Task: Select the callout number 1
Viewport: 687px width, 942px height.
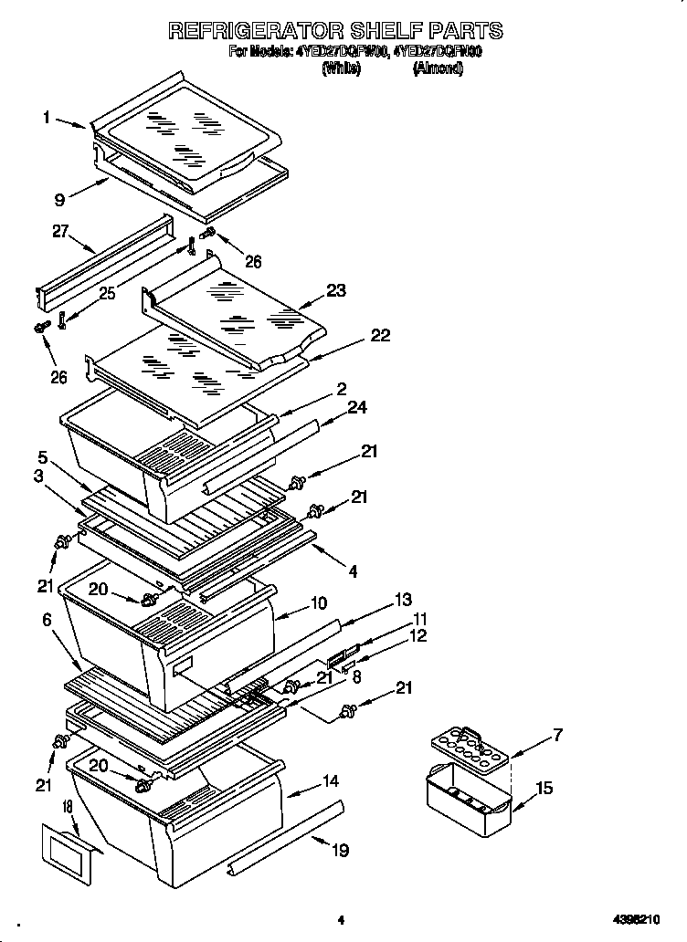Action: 46,117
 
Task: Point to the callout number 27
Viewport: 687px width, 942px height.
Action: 62,233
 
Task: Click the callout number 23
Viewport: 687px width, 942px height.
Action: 336,292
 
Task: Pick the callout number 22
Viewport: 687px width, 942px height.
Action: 379,335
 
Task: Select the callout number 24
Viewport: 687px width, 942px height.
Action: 356,407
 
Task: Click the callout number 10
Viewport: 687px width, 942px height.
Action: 319,602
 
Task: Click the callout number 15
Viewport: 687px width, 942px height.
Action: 544,788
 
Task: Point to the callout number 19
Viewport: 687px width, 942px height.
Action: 340,851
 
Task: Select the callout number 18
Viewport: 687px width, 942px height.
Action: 67,807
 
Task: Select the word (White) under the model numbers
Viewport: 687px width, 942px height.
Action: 342,68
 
